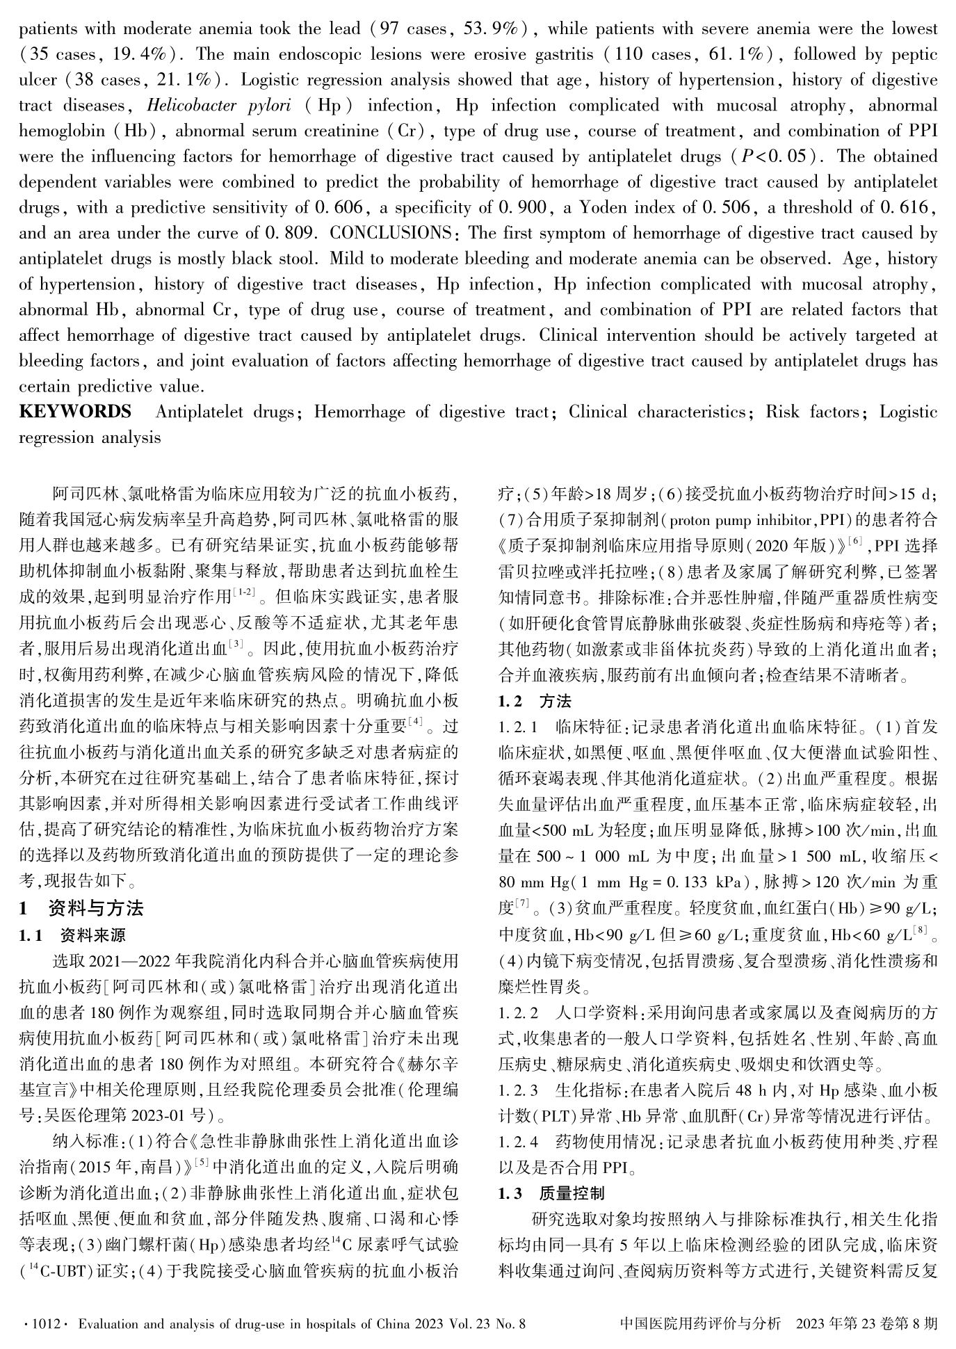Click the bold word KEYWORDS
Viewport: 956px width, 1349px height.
(x=75, y=412)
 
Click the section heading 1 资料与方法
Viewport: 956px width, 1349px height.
(x=82, y=908)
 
